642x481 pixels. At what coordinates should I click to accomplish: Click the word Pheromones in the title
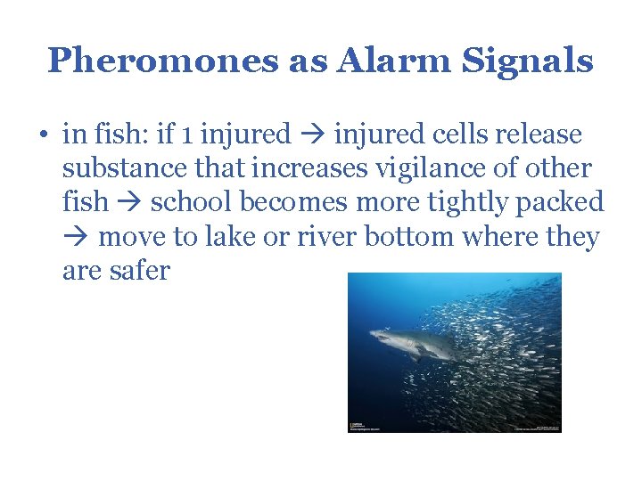tap(163, 61)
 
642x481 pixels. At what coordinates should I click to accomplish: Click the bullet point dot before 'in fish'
tap(44, 135)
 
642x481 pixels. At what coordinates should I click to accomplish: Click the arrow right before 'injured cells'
tap(312, 135)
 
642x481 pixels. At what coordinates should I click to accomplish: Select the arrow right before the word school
tap(129, 203)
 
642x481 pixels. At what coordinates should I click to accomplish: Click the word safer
tap(140, 270)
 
